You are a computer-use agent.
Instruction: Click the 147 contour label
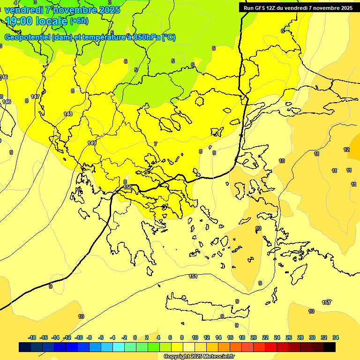pyautogui.click(x=35, y=97)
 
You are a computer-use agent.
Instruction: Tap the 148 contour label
pyautogui.click(x=68, y=114)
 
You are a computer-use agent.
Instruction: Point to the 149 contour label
pyautogui.click(x=92, y=143)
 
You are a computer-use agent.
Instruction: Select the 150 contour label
pyautogui.click(x=127, y=187)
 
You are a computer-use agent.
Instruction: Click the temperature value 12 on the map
pyautogui.click(x=346, y=150)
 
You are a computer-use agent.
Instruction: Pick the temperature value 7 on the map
pyautogui.click(x=155, y=144)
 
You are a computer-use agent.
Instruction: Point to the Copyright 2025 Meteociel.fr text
pyautogui.click(x=199, y=357)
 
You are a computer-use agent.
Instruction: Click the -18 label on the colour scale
pyautogui.click(x=32, y=337)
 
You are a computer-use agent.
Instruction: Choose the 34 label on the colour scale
pyautogui.click(x=335, y=337)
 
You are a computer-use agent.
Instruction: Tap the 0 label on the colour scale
pyautogui.click(x=135, y=337)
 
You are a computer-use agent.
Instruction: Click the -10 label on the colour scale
pyautogui.click(x=79, y=337)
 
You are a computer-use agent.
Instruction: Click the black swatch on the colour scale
pyautogui.click(x=329, y=347)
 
